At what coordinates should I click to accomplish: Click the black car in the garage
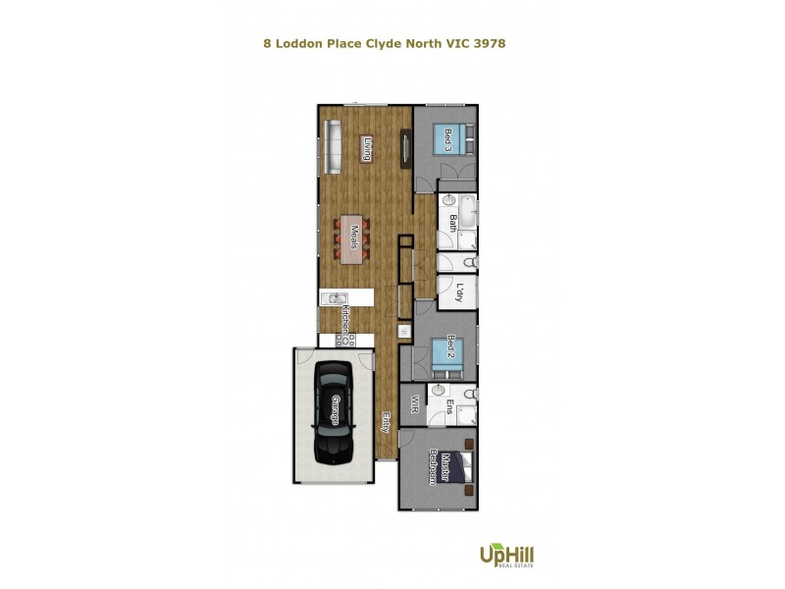click(334, 412)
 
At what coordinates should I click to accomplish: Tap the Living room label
click(367, 150)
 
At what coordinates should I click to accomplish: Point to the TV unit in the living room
click(403, 148)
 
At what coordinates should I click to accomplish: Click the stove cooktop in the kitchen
click(346, 340)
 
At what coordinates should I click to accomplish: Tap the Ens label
click(449, 406)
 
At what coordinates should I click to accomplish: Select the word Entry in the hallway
click(387, 422)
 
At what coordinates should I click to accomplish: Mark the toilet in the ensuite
click(469, 395)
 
